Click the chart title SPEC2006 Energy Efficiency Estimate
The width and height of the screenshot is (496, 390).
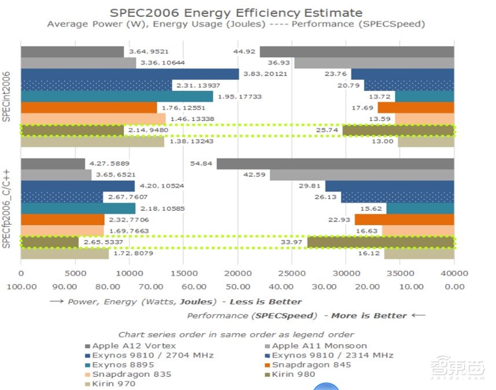point(236,12)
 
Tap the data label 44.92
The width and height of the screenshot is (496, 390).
point(244,51)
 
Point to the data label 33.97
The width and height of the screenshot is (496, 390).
point(292,242)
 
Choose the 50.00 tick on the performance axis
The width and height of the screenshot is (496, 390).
point(237,286)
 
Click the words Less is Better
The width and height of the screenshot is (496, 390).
point(266,302)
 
